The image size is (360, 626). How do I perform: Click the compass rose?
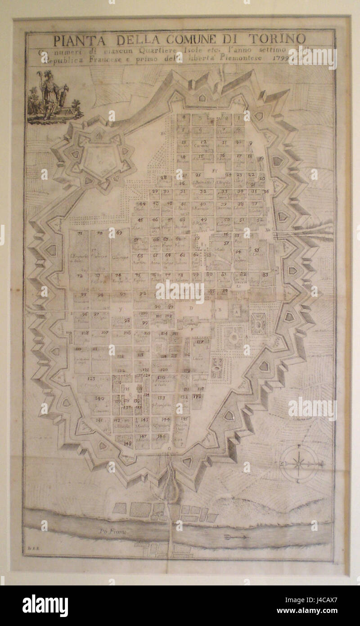298,463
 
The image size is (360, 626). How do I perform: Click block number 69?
119,233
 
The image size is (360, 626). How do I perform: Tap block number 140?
99,398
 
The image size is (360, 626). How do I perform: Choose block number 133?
162,398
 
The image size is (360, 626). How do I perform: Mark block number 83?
265,274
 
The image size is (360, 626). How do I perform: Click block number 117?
200,342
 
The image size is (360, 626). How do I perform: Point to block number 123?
92,379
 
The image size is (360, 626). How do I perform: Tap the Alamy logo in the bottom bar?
45,606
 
